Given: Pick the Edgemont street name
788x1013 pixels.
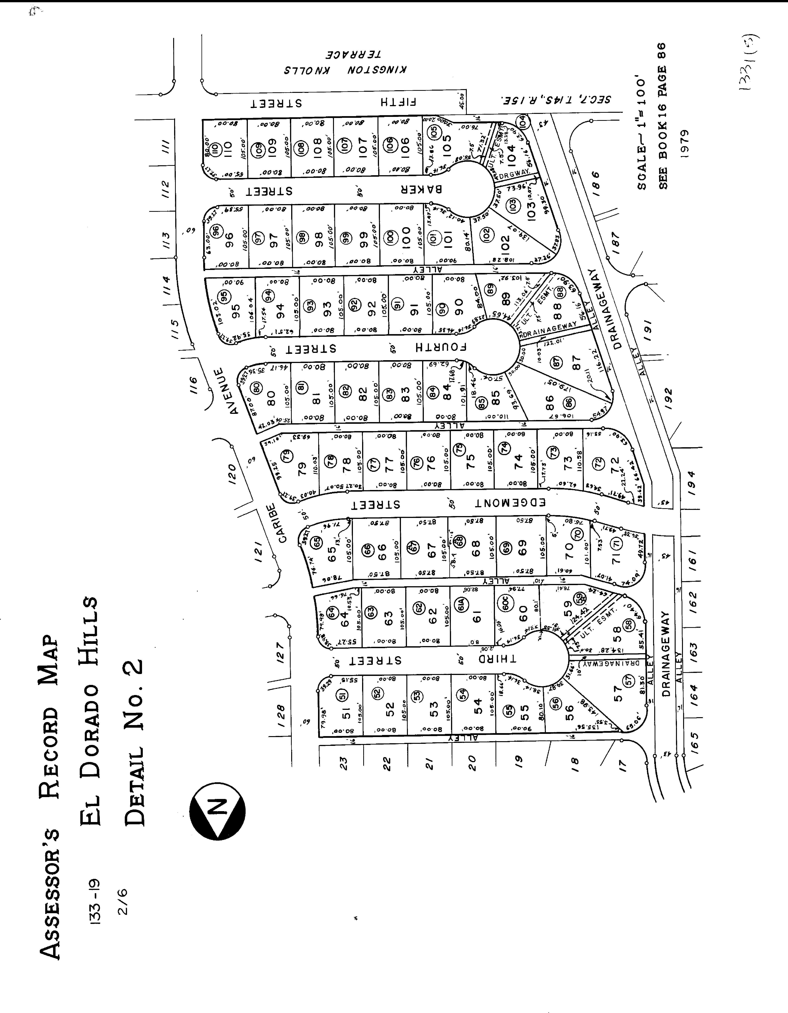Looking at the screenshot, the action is click(510, 503).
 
